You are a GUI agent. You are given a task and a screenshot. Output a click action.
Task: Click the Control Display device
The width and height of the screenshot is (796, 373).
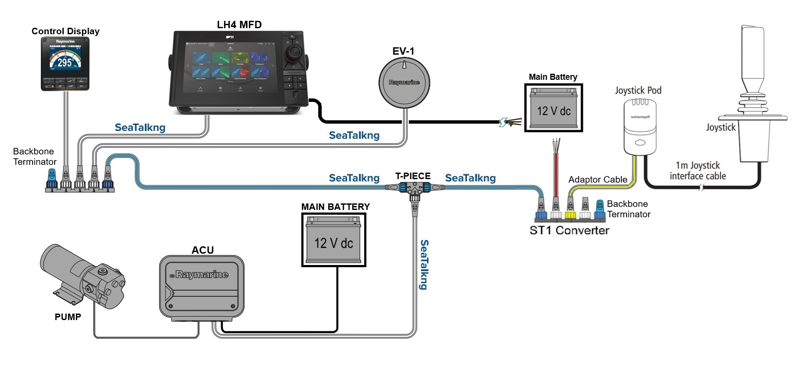click(x=65, y=64)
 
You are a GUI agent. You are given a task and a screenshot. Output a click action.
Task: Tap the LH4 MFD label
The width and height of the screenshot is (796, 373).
click(x=239, y=25)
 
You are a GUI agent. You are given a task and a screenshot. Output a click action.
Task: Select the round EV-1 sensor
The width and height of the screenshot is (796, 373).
click(x=404, y=82)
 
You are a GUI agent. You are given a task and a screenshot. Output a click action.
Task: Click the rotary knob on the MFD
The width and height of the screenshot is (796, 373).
click(x=294, y=53)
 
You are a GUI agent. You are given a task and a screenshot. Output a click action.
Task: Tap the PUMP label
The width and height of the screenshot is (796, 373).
click(x=68, y=317)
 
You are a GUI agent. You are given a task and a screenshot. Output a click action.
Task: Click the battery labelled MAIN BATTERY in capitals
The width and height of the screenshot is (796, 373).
click(x=333, y=240)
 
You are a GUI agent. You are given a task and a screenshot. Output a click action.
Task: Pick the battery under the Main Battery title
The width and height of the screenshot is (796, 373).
click(x=554, y=108)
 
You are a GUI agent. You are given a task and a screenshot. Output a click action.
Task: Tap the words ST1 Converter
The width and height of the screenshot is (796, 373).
click(x=569, y=230)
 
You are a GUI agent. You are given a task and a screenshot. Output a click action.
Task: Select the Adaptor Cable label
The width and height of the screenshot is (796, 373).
click(x=597, y=180)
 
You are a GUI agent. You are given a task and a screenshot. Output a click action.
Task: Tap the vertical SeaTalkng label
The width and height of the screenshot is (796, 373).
click(x=424, y=265)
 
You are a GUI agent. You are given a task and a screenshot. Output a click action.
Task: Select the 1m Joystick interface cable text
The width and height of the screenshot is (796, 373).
click(x=698, y=170)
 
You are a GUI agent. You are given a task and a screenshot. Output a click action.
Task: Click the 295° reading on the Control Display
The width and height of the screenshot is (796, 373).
click(x=65, y=62)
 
